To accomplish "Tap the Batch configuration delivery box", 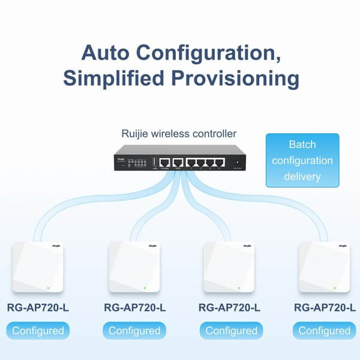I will pyautogui.click(x=302, y=161).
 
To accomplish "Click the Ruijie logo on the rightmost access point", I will pyautogui.click(x=340, y=246).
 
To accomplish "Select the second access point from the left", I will pyautogui.click(x=134, y=268).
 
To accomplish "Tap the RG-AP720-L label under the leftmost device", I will pyautogui.click(x=38, y=308).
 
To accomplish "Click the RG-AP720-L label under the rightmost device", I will pyautogui.click(x=325, y=308).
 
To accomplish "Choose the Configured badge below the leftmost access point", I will pyautogui.click(x=38, y=330).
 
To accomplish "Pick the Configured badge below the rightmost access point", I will pyautogui.click(x=325, y=330).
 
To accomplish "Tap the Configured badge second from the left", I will pyautogui.click(x=134, y=330).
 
